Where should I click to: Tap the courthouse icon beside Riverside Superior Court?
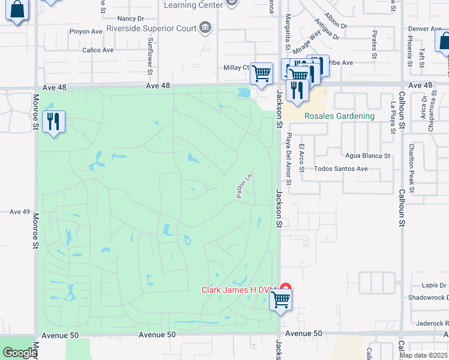click(x=205, y=27)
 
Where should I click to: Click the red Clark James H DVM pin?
click(x=286, y=289)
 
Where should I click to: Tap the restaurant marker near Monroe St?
click(x=54, y=122)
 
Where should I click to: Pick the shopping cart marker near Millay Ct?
click(x=261, y=74)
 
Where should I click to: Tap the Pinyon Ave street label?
click(x=86, y=31)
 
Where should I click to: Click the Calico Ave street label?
click(x=98, y=50)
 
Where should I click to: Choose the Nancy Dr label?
click(x=131, y=19)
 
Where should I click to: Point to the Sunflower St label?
click(x=150, y=57)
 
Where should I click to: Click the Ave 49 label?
click(x=19, y=212)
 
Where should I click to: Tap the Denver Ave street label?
click(x=425, y=29)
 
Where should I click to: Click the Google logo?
click(x=19, y=353)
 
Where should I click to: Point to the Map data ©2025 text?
click(x=424, y=355)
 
